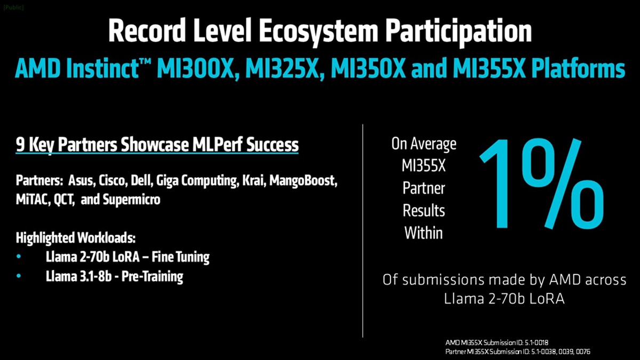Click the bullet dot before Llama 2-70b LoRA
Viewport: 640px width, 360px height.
pyautogui.click(x=19, y=257)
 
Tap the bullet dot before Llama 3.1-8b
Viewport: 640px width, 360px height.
pyautogui.click(x=19, y=276)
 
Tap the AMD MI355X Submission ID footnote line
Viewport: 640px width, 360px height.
pyautogui.click(x=497, y=342)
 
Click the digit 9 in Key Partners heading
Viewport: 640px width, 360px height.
pyautogui.click(x=20, y=145)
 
